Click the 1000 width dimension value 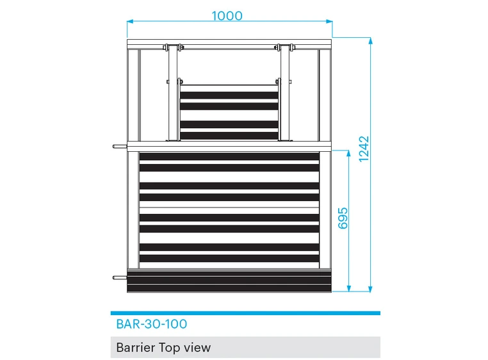[227, 15]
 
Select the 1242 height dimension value [364, 149]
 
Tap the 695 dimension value [343, 218]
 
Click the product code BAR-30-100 [152, 324]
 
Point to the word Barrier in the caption [135, 347]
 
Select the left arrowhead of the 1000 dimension [130, 21]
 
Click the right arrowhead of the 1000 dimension [329, 21]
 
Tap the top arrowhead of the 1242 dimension [370, 40]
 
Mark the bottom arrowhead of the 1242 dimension [370, 289]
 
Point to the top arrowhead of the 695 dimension [348, 153]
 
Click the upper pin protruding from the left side [120, 146]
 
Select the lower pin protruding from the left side [120, 277]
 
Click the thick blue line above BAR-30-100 [245, 313]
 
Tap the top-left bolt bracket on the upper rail [173, 47]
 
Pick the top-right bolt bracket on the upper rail [284, 47]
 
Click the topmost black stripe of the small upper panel [229, 95]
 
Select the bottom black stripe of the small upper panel [229, 136]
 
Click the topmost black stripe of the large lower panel [229, 157]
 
